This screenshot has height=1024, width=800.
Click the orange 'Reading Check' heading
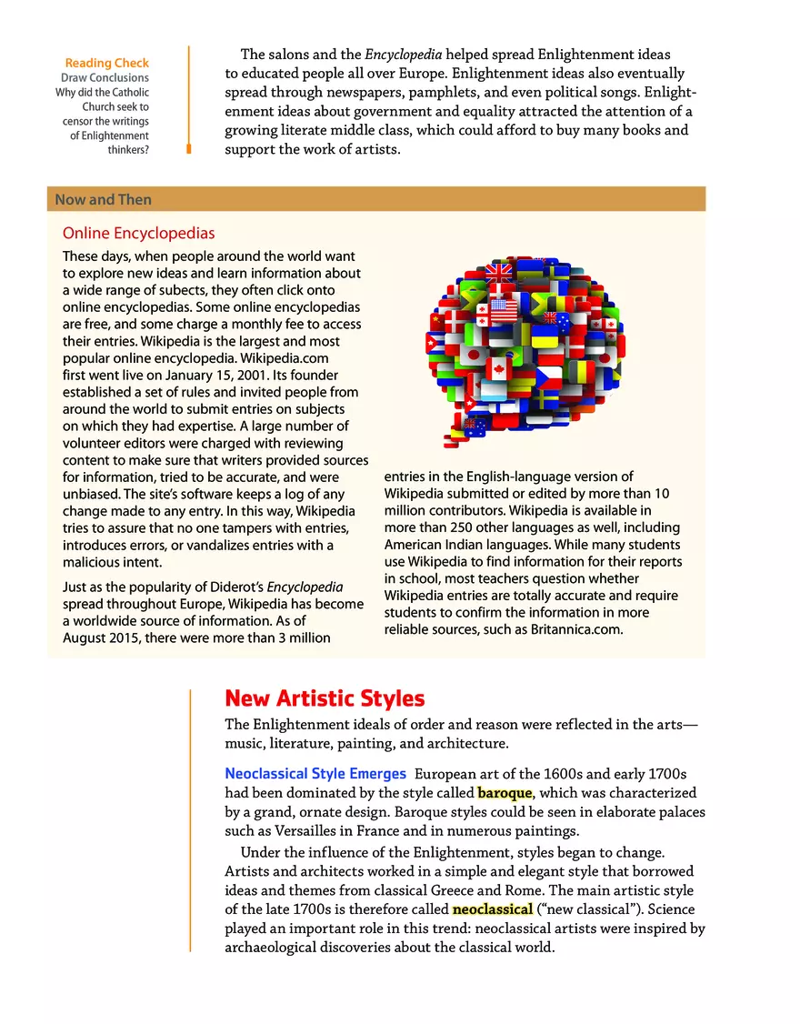click(106, 63)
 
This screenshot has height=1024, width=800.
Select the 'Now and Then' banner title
click(103, 200)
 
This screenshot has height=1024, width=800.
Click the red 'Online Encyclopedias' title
click(138, 234)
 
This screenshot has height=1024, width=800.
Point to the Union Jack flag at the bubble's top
click(498, 270)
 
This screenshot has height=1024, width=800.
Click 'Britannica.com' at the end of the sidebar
click(578, 629)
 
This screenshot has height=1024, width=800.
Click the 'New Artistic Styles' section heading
click(325, 698)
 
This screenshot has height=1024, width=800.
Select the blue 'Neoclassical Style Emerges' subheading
click(315, 774)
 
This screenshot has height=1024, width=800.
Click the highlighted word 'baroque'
click(505, 793)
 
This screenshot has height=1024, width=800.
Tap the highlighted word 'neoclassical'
click(492, 909)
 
